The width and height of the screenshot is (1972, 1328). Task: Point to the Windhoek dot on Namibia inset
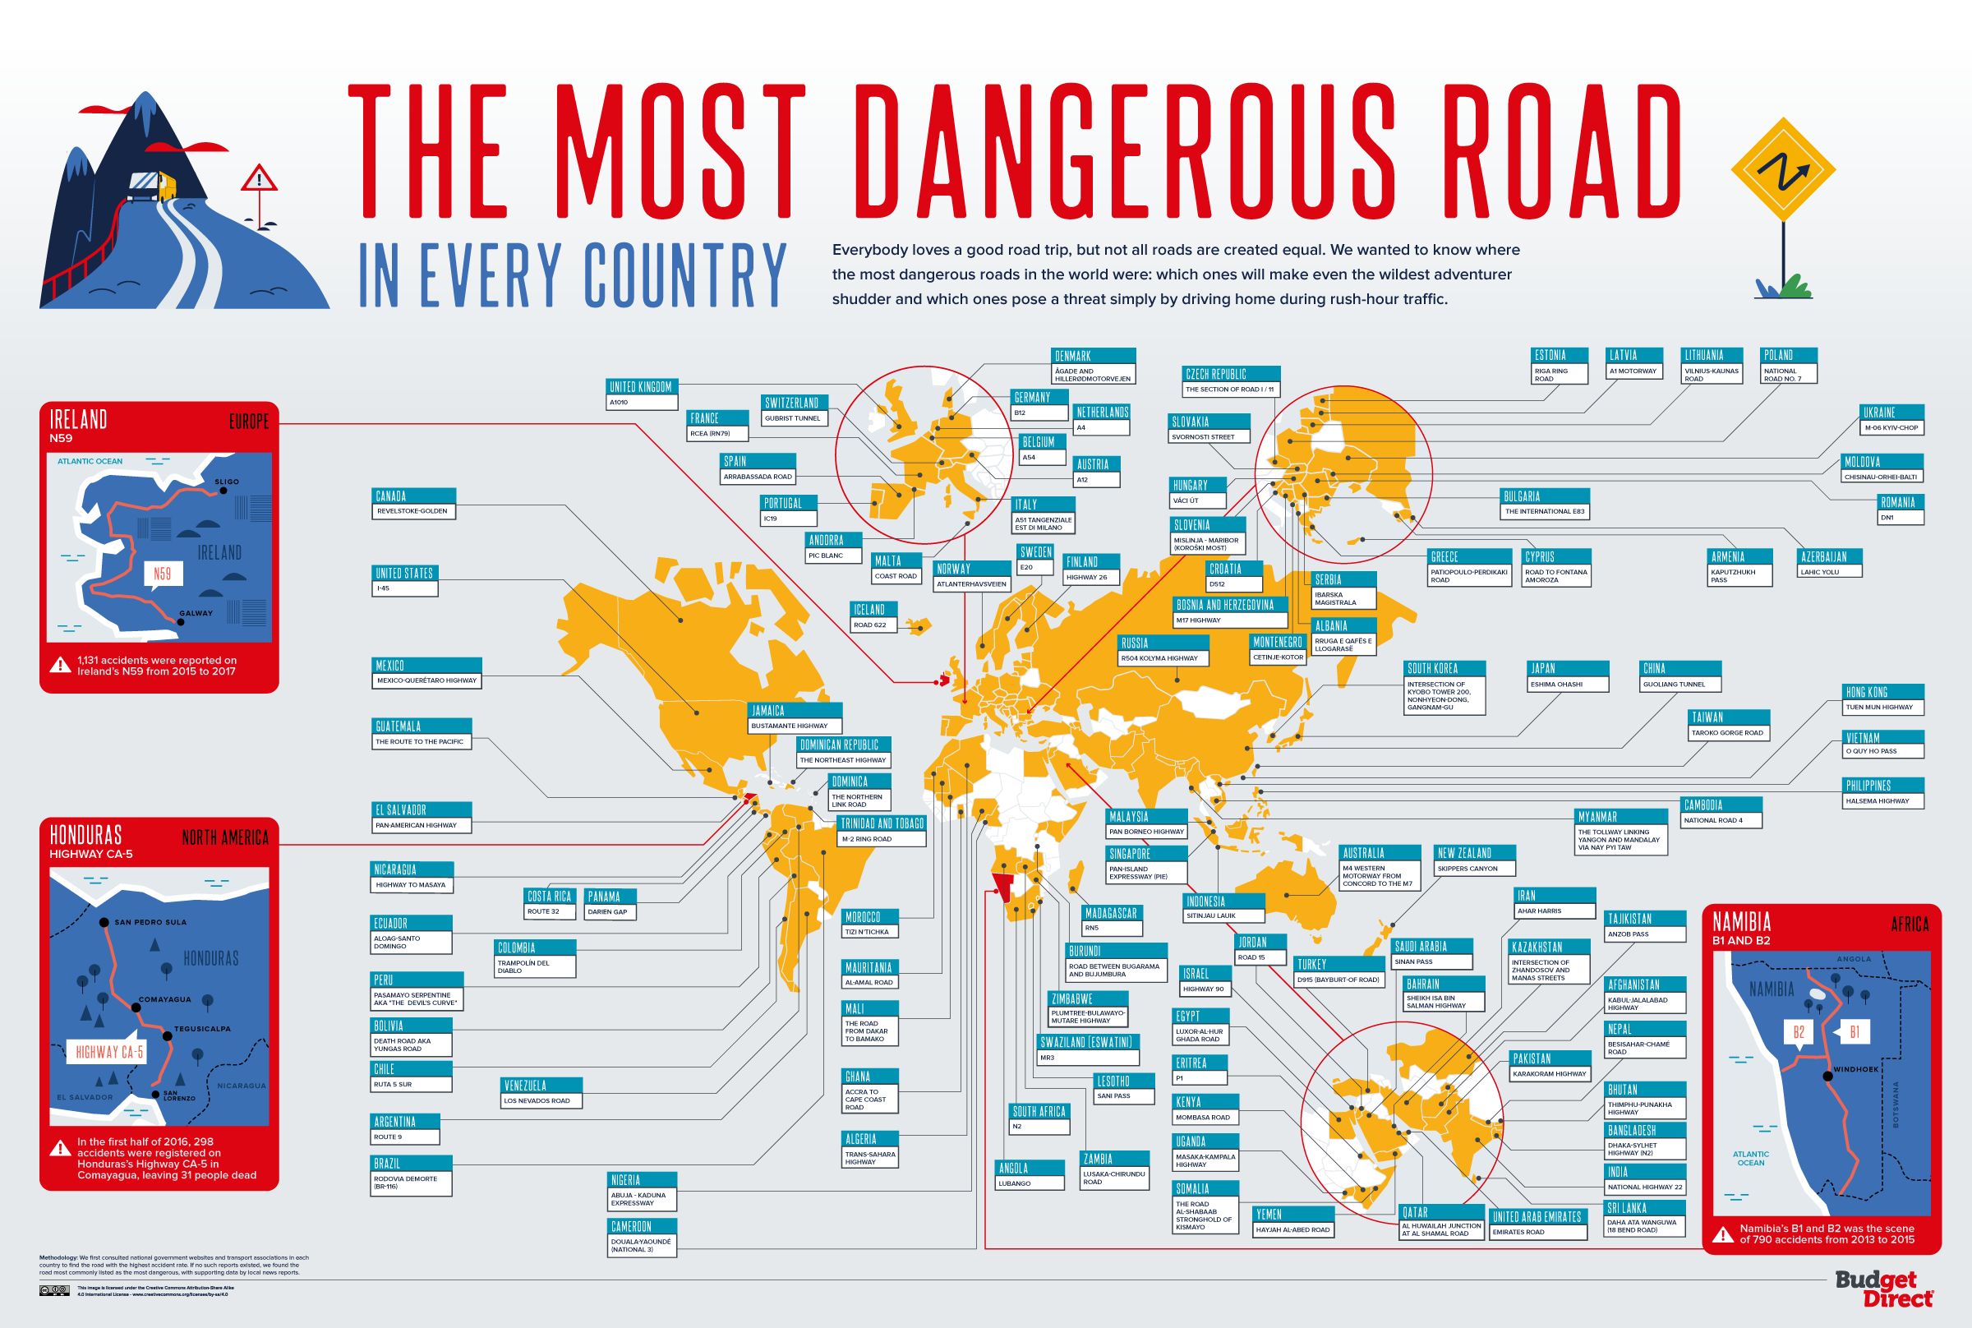pyautogui.click(x=1827, y=1076)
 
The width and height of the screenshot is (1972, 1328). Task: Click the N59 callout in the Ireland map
pyautogui.click(x=162, y=574)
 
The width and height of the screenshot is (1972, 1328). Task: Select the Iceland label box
pyautogui.click(x=869, y=610)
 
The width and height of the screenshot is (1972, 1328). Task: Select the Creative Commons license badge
pyautogui.click(x=54, y=1291)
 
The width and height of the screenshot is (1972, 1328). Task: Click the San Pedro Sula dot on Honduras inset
pyautogui.click(x=103, y=922)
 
